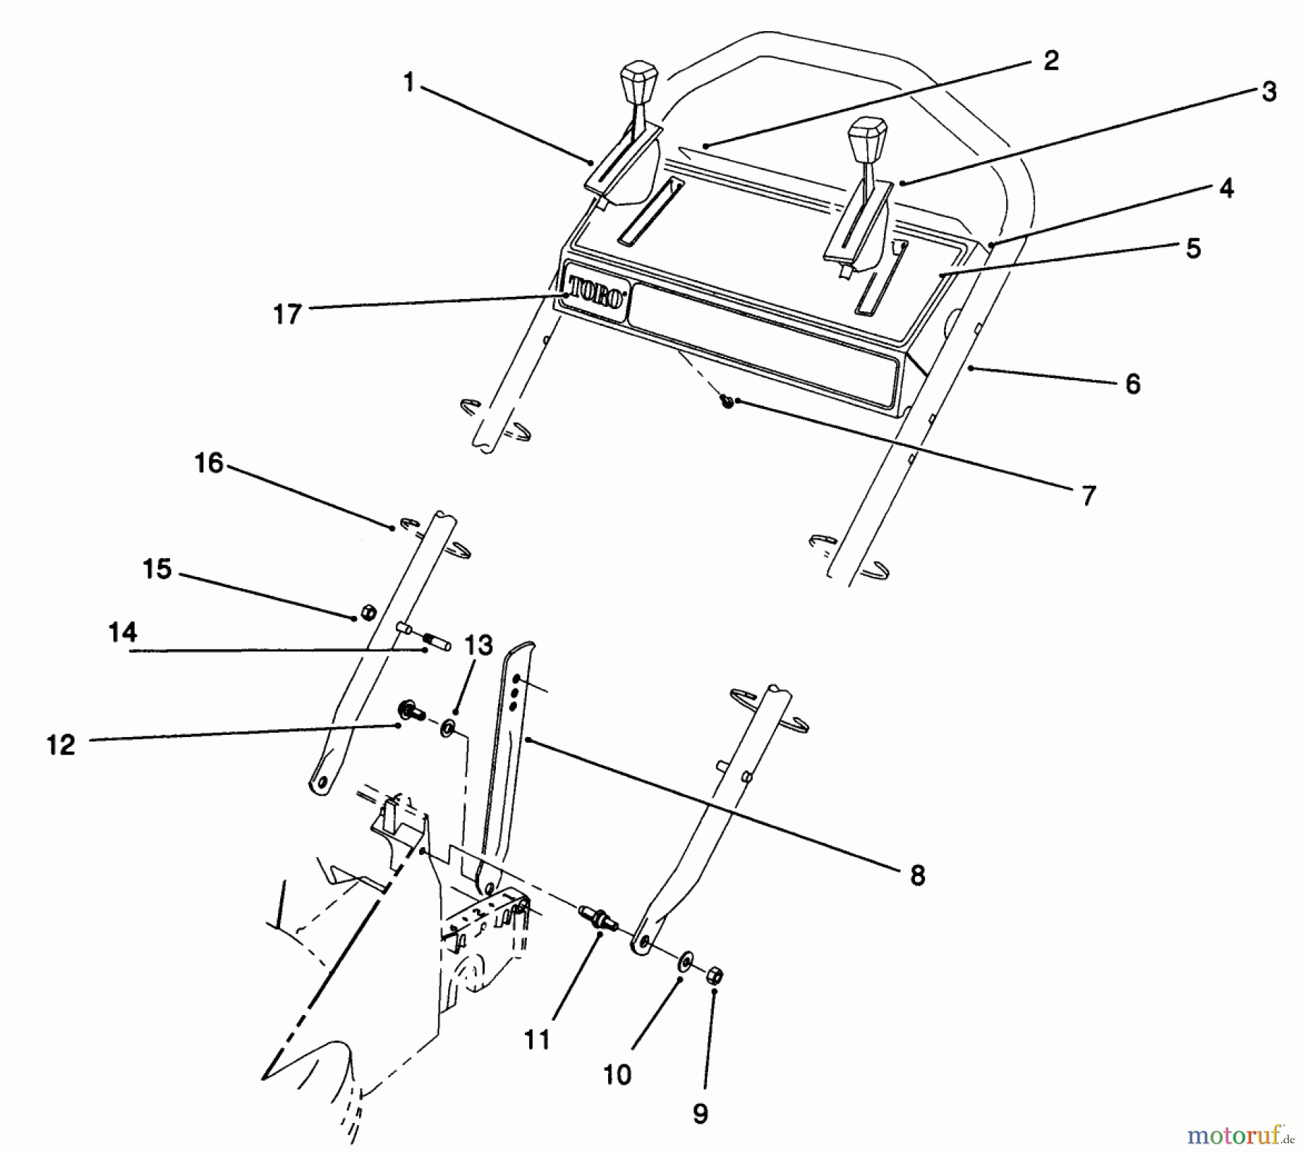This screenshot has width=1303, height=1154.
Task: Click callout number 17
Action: (x=287, y=314)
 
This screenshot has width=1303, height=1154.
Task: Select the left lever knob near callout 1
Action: (x=638, y=83)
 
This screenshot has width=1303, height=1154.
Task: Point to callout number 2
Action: (x=1050, y=60)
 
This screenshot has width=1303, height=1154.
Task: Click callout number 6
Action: (x=1133, y=383)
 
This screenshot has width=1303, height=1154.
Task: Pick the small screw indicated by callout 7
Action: (x=727, y=400)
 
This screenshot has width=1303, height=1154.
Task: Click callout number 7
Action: (x=1088, y=496)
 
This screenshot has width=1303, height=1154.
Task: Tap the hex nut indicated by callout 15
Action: (x=368, y=613)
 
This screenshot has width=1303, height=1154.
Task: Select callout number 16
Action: (x=209, y=463)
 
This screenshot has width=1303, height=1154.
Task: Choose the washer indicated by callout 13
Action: (x=447, y=727)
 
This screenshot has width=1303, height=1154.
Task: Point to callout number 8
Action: (x=917, y=875)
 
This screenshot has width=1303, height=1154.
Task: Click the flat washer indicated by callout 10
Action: (x=684, y=964)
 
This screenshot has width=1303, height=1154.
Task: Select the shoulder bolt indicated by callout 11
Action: (x=599, y=919)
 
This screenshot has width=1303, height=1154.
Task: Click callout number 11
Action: (x=536, y=1040)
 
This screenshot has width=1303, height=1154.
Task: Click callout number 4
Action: (x=1226, y=188)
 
